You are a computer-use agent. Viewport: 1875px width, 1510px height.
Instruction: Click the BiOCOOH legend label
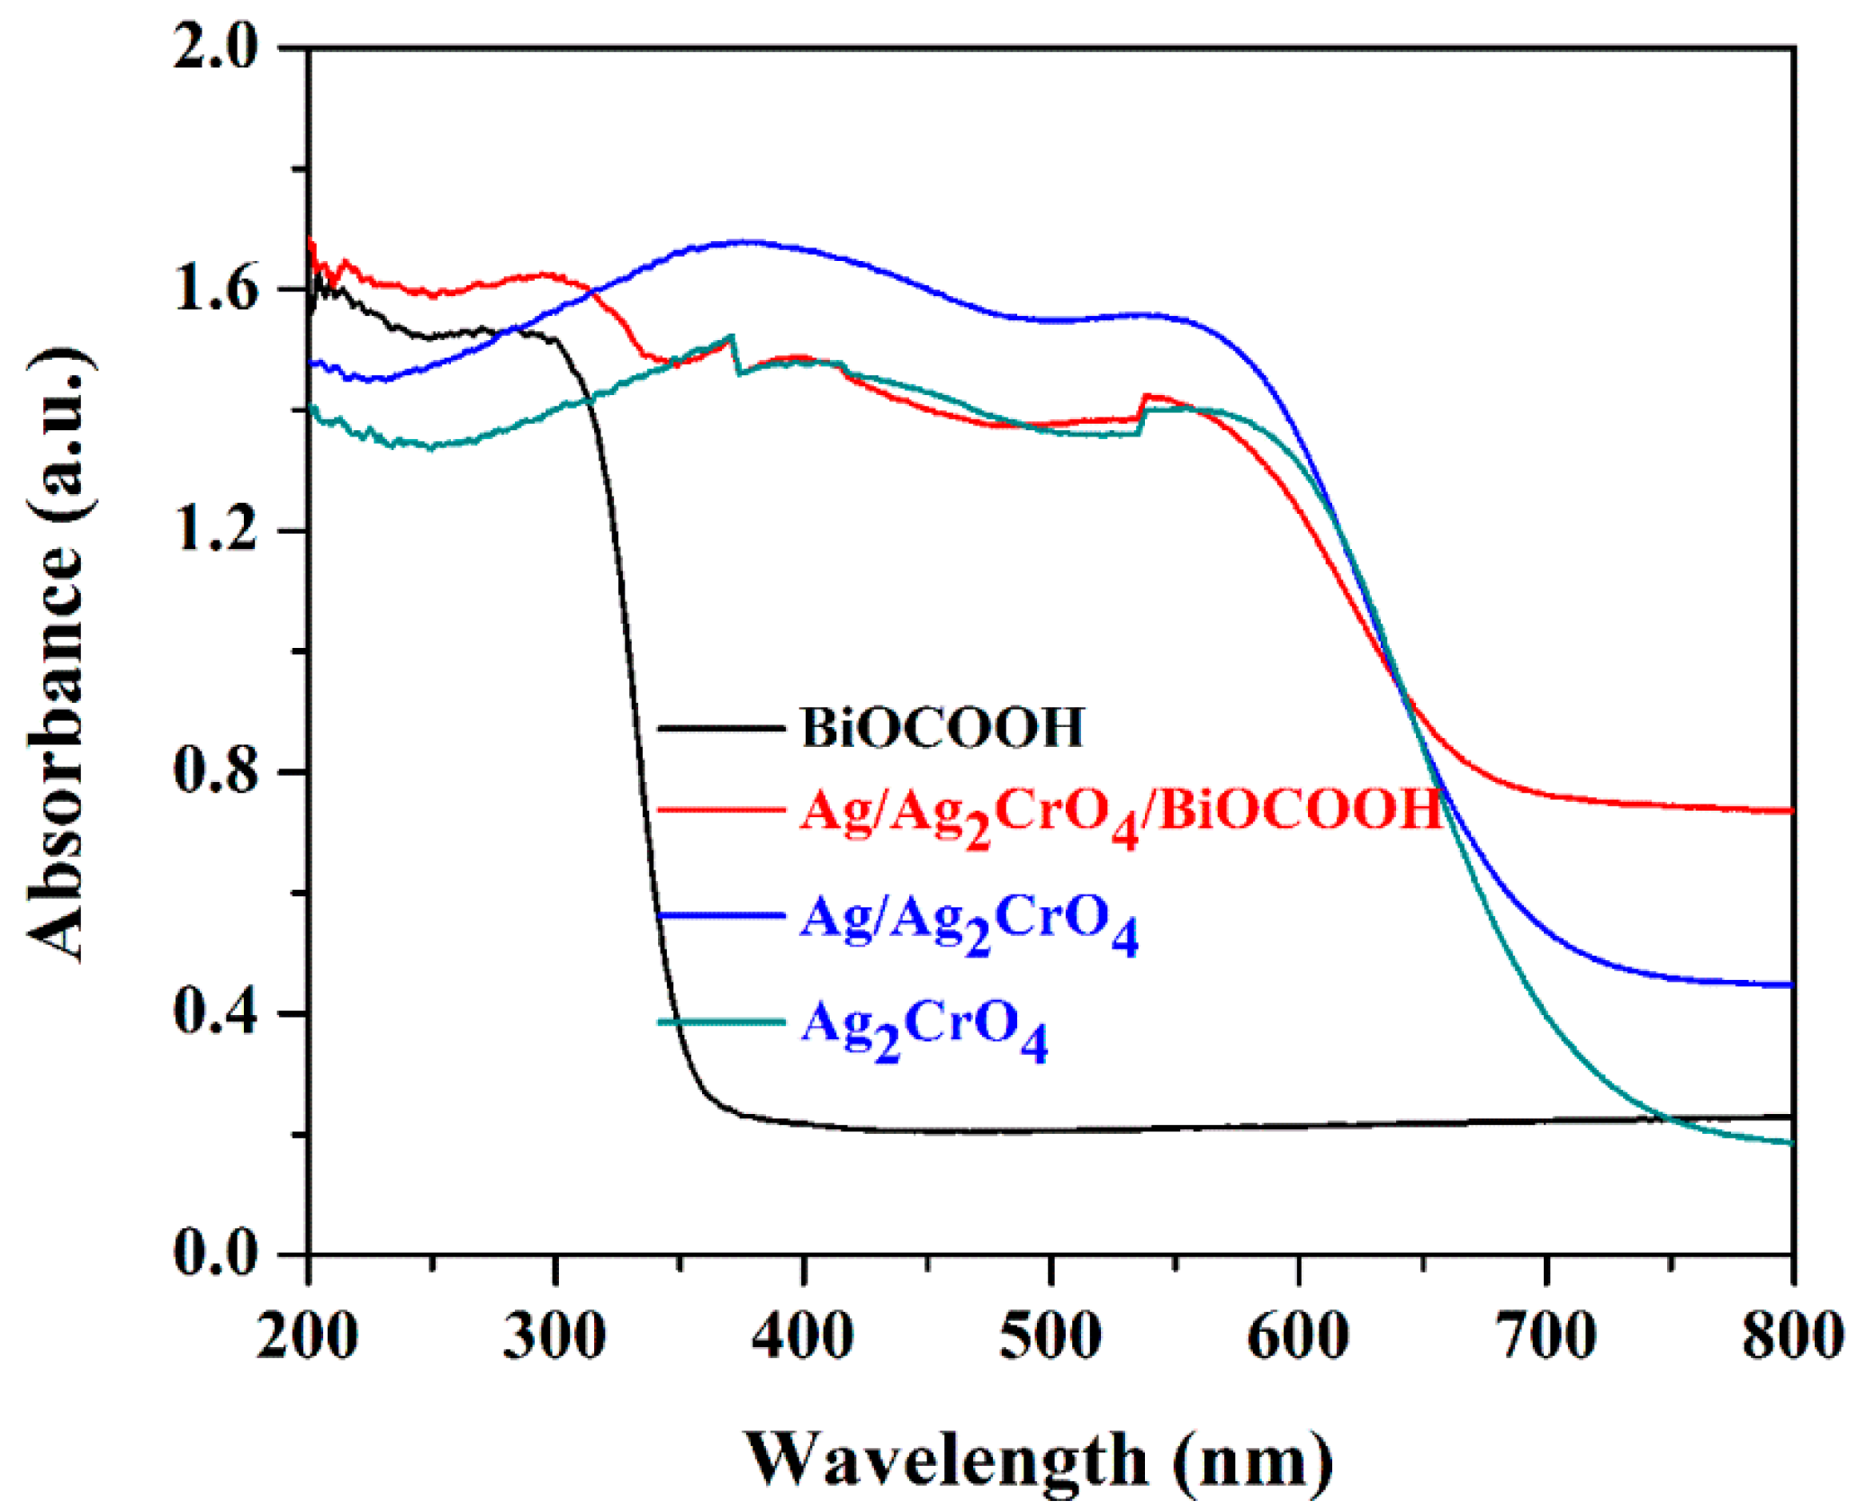click(x=942, y=728)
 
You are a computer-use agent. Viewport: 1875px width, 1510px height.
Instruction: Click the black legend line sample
click(x=720, y=728)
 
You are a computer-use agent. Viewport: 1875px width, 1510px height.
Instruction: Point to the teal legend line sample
click(x=720, y=1021)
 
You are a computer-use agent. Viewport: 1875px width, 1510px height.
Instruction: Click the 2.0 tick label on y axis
click(x=216, y=47)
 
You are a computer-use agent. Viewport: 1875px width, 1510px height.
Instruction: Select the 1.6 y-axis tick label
click(x=216, y=289)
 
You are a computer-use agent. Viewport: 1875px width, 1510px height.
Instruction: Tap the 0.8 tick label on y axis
click(x=216, y=772)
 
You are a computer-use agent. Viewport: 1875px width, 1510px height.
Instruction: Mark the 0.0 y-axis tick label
click(x=216, y=1254)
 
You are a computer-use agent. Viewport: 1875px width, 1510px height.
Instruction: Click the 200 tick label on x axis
click(x=307, y=1335)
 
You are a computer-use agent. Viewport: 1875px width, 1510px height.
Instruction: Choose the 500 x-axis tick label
click(x=1050, y=1335)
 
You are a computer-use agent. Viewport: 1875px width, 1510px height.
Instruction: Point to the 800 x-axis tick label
click(x=1791, y=1335)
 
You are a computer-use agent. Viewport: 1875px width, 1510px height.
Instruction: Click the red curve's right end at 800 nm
click(x=1789, y=811)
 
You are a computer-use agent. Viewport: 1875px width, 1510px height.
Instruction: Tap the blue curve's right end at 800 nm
click(x=1789, y=984)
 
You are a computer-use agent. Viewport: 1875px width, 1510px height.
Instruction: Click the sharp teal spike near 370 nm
click(x=732, y=337)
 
